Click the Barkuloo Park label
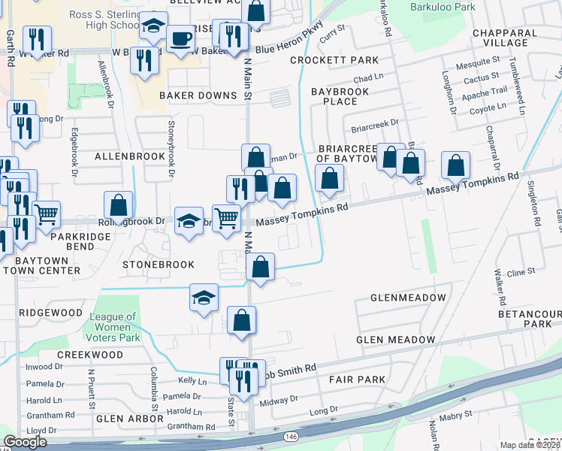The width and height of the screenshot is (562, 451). tap(443, 7)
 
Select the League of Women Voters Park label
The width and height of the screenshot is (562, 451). tap(113, 327)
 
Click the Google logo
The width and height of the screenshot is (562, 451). tap(25, 442)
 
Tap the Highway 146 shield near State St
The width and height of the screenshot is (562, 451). tap(289, 436)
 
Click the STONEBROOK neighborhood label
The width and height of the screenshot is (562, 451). tap(159, 265)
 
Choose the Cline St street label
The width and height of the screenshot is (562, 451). tap(520, 272)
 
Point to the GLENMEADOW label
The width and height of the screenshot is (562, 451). tap(408, 298)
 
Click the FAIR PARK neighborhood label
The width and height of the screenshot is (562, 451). tap(357, 380)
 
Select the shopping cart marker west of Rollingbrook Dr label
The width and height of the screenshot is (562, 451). tap(47, 214)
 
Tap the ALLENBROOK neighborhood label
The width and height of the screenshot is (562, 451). tap(129, 156)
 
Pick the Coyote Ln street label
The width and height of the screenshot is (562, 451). tap(488, 107)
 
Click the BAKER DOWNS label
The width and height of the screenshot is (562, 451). tap(198, 95)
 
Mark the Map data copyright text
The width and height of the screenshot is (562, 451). tap(530, 445)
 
